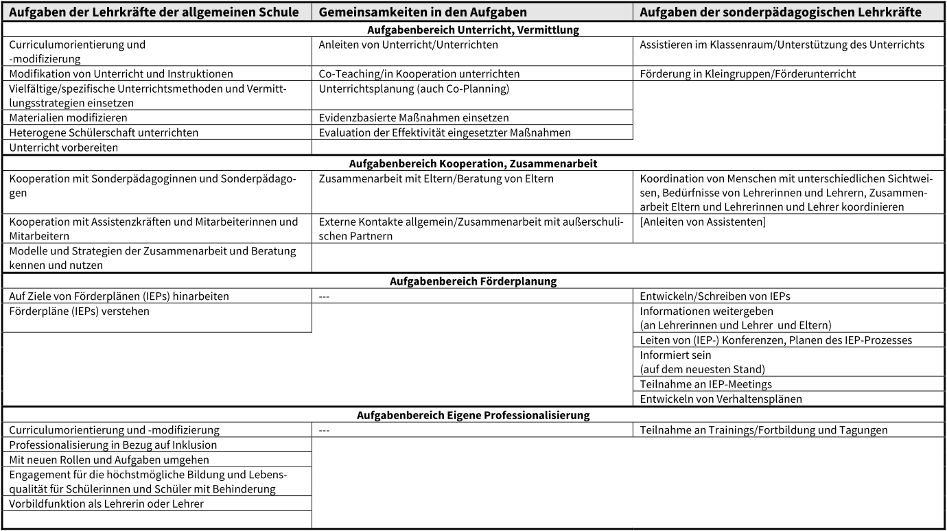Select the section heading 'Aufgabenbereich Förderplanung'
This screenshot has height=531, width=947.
click(x=473, y=281)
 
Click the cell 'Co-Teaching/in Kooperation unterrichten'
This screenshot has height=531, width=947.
click(x=419, y=73)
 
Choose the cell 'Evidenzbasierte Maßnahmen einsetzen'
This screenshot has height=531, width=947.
click(x=414, y=118)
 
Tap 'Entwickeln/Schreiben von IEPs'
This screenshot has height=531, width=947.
click(x=718, y=296)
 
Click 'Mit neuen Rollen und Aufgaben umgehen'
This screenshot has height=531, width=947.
click(x=108, y=459)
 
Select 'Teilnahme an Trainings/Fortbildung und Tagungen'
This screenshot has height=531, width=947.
click(x=764, y=430)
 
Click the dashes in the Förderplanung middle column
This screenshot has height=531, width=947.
click(x=325, y=296)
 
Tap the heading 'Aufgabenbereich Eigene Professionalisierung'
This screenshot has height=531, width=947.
click(x=473, y=415)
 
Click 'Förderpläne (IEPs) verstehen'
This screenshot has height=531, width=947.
click(x=80, y=311)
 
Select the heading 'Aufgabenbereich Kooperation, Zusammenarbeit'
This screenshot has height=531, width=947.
click(x=473, y=163)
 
